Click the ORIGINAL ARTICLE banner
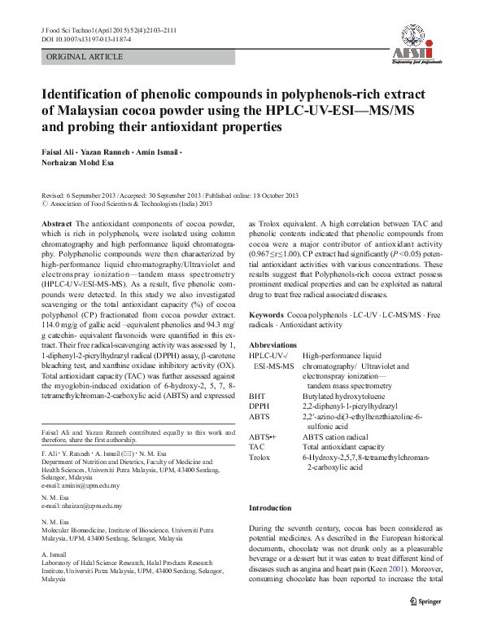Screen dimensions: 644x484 [x=85, y=57]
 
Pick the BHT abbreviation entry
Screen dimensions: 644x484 [x=257, y=396]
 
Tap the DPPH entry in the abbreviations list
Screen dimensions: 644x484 [x=259, y=405]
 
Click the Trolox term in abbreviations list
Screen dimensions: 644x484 [x=260, y=458]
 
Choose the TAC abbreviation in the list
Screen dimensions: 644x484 [x=257, y=447]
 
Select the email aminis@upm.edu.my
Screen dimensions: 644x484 [x=81, y=486]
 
